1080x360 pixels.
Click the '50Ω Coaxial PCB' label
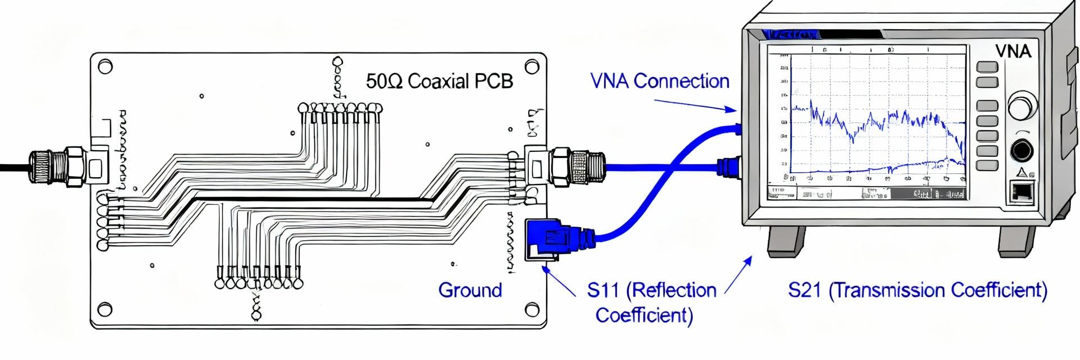point(439,81)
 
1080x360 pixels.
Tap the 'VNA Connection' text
point(659,81)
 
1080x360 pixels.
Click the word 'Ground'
point(470,290)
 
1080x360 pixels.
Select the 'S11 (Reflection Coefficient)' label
point(651,302)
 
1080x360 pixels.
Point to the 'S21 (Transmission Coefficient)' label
point(917,290)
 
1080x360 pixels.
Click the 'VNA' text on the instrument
point(1013,51)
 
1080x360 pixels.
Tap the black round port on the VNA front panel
point(1021,150)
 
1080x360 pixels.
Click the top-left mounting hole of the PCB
point(105,66)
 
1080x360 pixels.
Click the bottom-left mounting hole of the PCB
point(105,309)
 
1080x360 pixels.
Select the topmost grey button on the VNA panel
point(987,67)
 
